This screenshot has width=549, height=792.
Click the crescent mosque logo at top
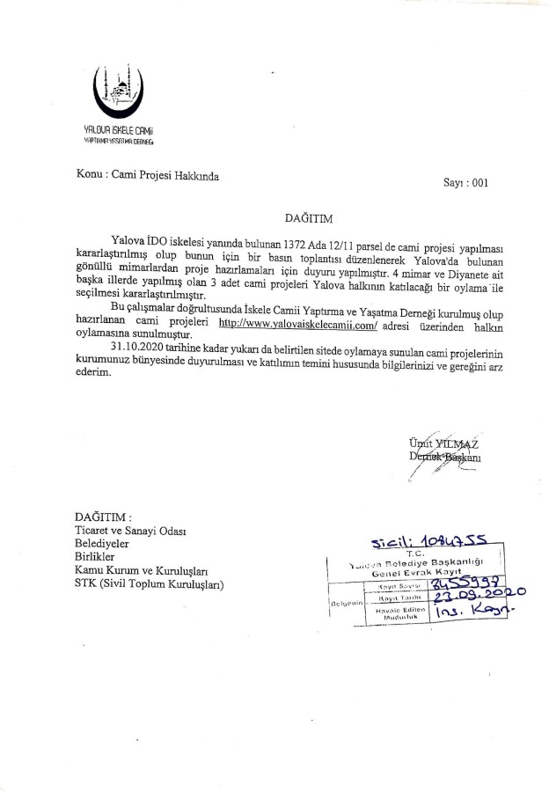pos(116,96)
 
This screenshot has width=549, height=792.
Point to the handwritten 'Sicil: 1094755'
pos(421,539)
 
